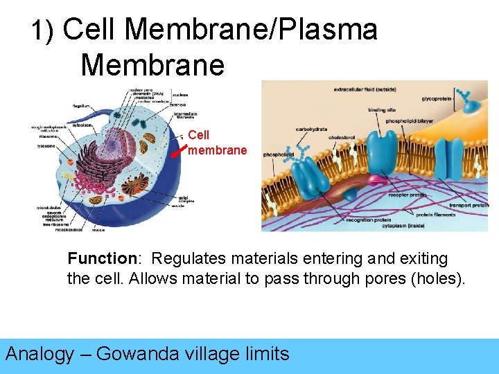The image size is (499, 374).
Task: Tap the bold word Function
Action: point(103,259)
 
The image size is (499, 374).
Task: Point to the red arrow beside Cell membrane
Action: point(180,147)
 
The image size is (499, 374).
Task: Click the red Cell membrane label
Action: point(217,143)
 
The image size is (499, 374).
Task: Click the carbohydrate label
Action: point(311,129)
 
